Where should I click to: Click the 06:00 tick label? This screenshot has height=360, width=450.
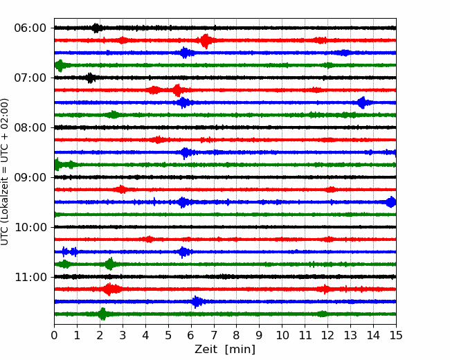pyautogui.click(x=30, y=28)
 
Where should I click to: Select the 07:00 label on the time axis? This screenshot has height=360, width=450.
pyautogui.click(x=30, y=78)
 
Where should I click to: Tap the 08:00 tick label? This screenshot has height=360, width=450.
pyautogui.click(x=30, y=127)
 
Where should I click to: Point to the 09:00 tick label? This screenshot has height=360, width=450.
pyautogui.click(x=30, y=177)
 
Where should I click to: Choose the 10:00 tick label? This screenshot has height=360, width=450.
pyautogui.click(x=30, y=227)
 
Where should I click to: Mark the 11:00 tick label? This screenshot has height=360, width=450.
pyautogui.click(x=30, y=277)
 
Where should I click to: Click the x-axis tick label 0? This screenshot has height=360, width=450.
pyautogui.click(x=54, y=335)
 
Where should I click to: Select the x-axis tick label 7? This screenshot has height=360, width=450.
pyautogui.click(x=214, y=335)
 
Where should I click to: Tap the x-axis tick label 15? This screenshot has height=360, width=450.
pyautogui.click(x=396, y=335)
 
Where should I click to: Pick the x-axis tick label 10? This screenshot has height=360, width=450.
pyautogui.click(x=282, y=335)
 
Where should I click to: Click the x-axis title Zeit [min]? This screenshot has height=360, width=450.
pyautogui.click(x=225, y=350)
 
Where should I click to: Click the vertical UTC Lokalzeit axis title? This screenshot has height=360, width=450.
pyautogui.click(x=5, y=172)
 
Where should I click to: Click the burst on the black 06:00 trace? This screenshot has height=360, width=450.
pyautogui.click(x=96, y=28)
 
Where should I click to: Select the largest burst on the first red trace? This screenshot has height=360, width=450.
pyautogui.click(x=206, y=41)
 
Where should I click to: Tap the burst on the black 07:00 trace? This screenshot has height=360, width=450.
pyautogui.click(x=91, y=78)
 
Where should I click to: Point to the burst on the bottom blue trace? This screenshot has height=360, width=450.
pyautogui.click(x=197, y=302)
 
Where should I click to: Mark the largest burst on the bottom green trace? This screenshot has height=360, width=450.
pyautogui.click(x=102, y=314)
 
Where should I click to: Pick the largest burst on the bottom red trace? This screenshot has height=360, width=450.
pyautogui.click(x=109, y=289)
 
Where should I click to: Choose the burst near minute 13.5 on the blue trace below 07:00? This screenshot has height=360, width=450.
pyautogui.click(x=363, y=102)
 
